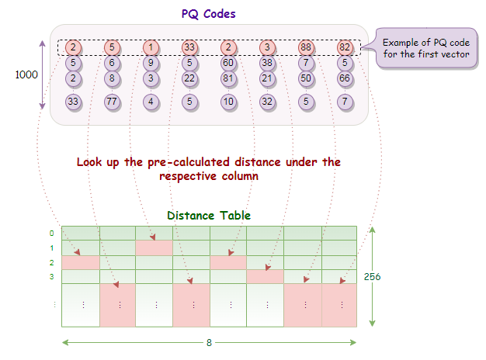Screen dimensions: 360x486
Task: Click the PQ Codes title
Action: (209, 13)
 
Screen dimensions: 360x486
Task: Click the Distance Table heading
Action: (209, 215)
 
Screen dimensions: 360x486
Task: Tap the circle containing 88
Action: (307, 47)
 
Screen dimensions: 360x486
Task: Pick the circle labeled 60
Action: (228, 63)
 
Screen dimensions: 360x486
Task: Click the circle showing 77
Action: (112, 101)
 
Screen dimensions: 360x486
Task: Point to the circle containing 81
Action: (228, 78)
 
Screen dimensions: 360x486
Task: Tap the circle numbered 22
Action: (189, 78)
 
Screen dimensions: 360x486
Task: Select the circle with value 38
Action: (267, 63)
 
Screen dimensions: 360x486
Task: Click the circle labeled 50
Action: (307, 78)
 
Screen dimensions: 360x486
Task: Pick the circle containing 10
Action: (228, 101)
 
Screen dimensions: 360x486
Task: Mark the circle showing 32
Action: (267, 101)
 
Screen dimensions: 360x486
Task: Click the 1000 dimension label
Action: (26, 76)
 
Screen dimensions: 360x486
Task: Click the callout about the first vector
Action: (426, 48)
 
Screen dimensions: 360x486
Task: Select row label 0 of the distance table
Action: (51, 233)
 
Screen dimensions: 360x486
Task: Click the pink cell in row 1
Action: (154, 247)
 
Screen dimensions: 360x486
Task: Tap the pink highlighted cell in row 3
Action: (266, 277)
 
